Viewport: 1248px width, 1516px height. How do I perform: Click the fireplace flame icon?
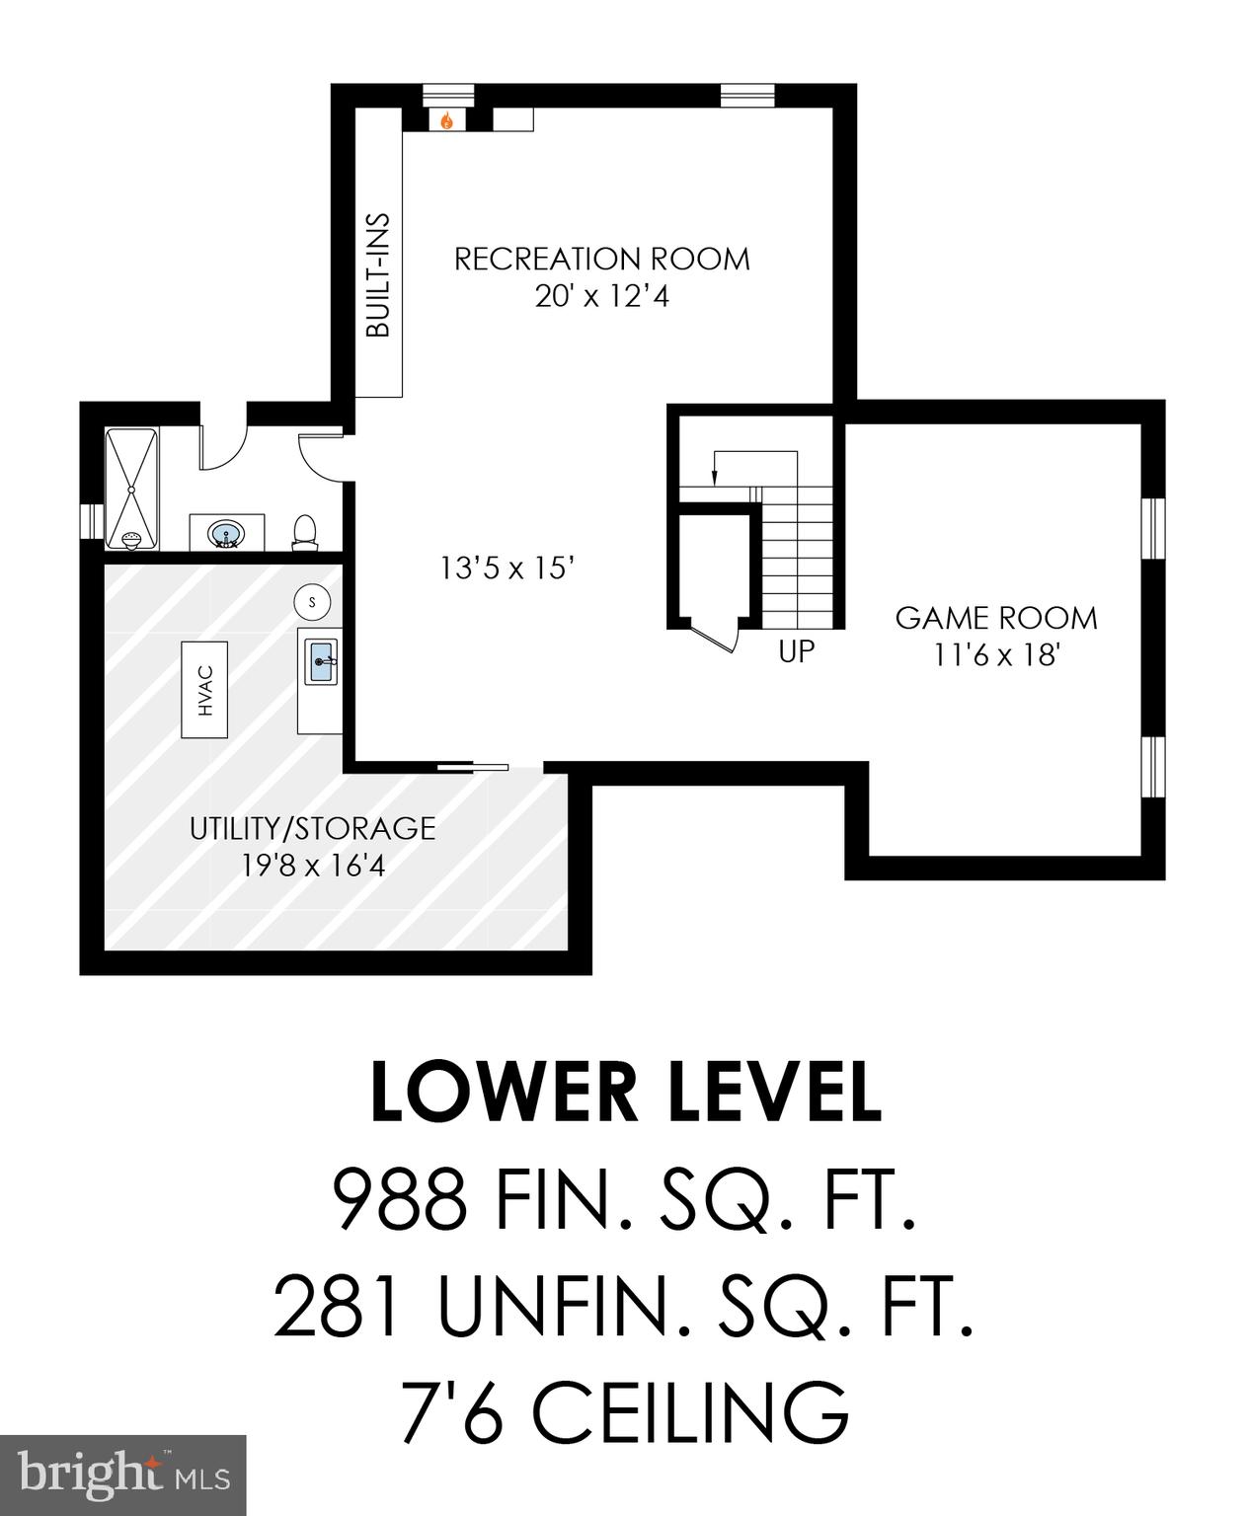(447, 120)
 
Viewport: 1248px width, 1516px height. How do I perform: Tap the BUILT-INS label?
(378, 275)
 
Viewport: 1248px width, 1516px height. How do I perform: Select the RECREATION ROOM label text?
(601, 259)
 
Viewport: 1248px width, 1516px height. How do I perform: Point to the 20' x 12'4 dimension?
(601, 295)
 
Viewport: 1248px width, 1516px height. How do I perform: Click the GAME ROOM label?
(995, 618)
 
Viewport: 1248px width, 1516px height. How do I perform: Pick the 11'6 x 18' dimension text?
(995, 654)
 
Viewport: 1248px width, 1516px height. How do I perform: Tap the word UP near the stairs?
(796, 652)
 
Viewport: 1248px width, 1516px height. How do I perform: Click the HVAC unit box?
(205, 688)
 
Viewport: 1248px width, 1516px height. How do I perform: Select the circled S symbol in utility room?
(313, 600)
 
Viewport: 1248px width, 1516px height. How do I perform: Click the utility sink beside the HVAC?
(321, 660)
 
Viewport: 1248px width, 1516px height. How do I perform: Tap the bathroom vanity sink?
(227, 534)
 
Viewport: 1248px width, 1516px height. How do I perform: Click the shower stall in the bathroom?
(131, 489)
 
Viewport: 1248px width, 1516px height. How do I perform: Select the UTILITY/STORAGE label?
(312, 827)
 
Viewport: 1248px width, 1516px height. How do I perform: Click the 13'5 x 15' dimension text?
(507, 568)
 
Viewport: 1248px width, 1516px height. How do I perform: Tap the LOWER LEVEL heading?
(625, 1093)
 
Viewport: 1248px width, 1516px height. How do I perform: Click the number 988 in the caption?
(400, 1199)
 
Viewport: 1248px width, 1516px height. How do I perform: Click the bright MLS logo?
(122, 1474)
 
